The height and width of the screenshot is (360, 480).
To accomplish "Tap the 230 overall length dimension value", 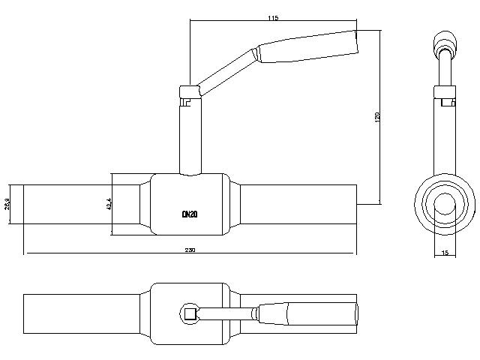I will point(190,250).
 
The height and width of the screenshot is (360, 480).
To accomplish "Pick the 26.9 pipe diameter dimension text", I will point(7,203).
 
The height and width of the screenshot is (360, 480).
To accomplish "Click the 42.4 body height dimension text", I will point(109,204).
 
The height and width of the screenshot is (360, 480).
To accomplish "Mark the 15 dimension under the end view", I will point(445,253).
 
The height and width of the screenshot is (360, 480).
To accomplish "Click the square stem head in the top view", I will point(190,314).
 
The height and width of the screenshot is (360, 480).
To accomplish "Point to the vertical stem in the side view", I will point(190,135).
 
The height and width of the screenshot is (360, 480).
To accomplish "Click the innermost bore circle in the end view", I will point(445,203).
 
